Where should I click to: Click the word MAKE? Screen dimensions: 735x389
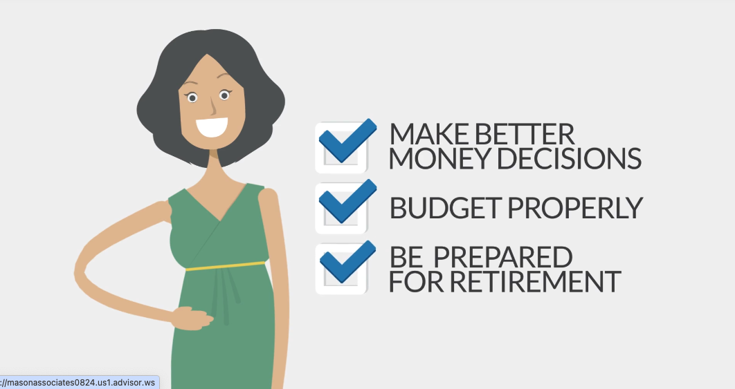(x=429, y=134)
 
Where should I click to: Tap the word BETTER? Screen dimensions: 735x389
(x=525, y=134)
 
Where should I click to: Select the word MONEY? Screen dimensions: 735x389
(x=439, y=158)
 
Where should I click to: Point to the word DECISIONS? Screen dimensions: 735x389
(x=569, y=158)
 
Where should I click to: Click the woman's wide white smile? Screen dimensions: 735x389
(x=212, y=127)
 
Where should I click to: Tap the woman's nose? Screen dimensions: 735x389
(x=212, y=106)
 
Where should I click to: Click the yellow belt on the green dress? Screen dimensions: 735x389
(x=225, y=266)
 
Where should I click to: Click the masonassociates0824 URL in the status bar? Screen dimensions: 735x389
(x=78, y=383)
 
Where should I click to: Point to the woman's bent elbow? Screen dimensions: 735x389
(x=80, y=271)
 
